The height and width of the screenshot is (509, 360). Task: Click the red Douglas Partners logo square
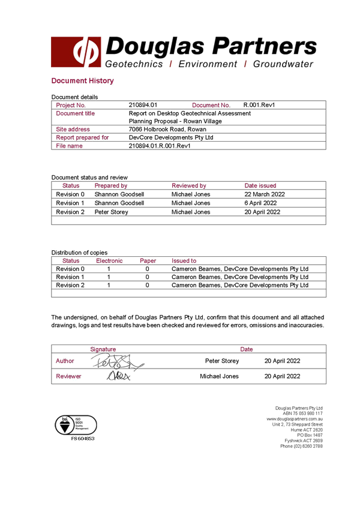tap(76, 52)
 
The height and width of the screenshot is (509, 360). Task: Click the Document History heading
tap(82, 81)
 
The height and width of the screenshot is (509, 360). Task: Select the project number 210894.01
tap(143, 105)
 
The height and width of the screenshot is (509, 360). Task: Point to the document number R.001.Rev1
tap(259, 105)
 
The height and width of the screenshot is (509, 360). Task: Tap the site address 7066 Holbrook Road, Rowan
tap(167, 129)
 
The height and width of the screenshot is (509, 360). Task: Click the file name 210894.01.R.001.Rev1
tap(160, 146)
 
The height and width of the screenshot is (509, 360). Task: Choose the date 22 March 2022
tap(265, 194)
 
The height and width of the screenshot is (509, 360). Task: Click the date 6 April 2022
tap(260, 203)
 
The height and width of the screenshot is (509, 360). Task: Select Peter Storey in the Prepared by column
tap(112, 212)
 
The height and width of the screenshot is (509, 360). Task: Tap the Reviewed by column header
tap(189, 185)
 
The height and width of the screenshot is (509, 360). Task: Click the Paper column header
tap(148, 261)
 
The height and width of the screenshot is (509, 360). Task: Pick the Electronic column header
tap(109, 261)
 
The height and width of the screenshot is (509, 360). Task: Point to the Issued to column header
tap(184, 261)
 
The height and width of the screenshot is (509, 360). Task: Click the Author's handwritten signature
tap(117, 361)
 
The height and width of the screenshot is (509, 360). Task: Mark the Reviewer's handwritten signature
tap(118, 376)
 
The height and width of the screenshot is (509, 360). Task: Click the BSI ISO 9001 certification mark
tap(76, 425)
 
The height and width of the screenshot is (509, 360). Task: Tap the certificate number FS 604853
tap(83, 439)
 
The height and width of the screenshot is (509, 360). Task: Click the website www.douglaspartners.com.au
tap(295, 419)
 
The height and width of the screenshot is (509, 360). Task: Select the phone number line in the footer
tap(302, 447)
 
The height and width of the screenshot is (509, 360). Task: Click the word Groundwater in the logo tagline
tap(283, 64)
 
